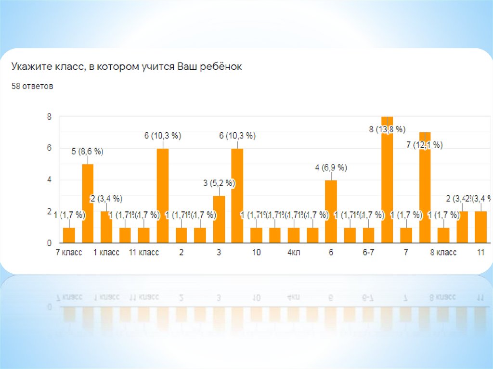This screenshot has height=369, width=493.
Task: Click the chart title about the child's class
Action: point(127,67)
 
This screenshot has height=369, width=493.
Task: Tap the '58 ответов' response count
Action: point(32,87)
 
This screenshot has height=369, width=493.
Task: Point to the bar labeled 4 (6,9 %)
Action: point(331,212)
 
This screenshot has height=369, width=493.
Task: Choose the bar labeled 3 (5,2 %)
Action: point(219,220)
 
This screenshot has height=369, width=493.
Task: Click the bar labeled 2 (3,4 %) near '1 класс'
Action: point(106,227)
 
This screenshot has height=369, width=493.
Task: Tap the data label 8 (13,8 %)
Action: point(387,129)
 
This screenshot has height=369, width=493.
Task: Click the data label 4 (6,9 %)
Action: point(331,168)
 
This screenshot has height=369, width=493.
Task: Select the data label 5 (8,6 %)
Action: point(88,152)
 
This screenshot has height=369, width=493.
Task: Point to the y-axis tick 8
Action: point(49,116)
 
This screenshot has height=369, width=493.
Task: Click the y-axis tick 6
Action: point(49,148)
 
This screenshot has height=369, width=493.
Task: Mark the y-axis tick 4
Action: point(49,180)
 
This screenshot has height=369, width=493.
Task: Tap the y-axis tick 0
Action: point(49,243)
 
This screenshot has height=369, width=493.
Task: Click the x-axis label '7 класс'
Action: point(69,253)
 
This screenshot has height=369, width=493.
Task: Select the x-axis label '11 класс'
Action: point(144,253)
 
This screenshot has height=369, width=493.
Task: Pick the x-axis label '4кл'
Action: point(294,253)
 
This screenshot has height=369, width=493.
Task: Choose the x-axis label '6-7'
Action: point(369,253)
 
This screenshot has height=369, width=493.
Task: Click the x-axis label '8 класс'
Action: point(443,253)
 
